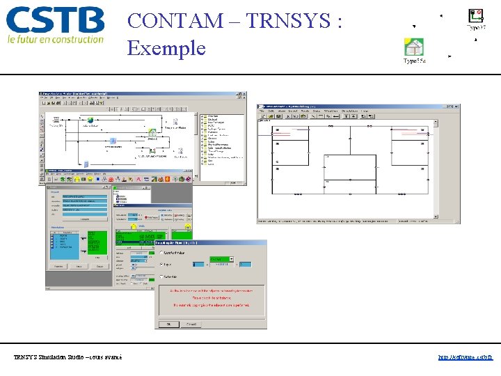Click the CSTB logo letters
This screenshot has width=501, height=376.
click(x=56, y=20)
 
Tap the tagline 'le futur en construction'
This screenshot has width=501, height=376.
click(x=56, y=40)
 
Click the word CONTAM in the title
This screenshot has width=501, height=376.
click(x=173, y=21)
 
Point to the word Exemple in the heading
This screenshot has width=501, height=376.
click(x=166, y=48)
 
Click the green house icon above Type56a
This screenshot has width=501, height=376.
click(x=414, y=47)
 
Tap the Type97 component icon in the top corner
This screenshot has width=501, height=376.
click(x=475, y=17)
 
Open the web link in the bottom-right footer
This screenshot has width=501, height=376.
click(x=466, y=357)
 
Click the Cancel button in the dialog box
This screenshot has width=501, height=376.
click(x=193, y=324)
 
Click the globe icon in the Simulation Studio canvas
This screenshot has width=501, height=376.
click(x=91, y=119)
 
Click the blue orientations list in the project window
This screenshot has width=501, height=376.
click(x=66, y=240)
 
